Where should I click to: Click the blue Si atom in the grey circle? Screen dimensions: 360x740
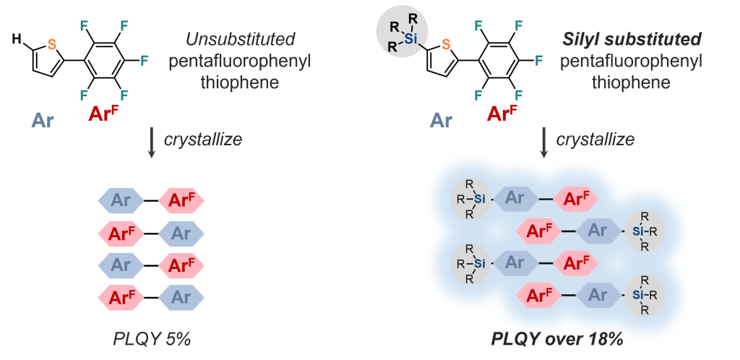point(410,39)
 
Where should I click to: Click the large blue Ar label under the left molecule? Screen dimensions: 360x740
point(44,120)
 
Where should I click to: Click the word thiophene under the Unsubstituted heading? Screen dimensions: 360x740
point(239,83)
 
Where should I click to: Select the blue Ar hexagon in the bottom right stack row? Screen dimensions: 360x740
point(597,294)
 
